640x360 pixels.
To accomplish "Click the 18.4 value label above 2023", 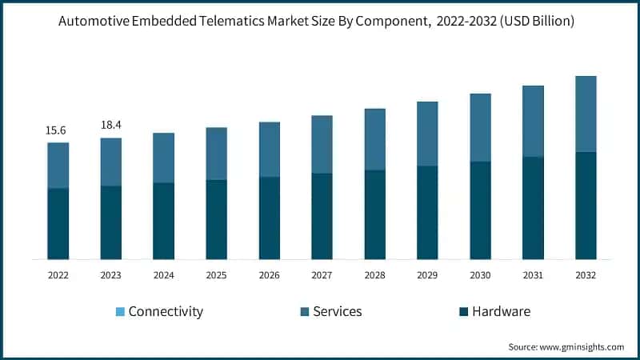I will (x=110, y=126).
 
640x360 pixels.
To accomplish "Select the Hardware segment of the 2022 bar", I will (x=58, y=224).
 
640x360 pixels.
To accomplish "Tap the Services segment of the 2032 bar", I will (x=586, y=114).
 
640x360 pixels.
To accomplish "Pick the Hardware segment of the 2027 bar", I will (x=322, y=216).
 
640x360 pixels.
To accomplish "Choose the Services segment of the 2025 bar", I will (x=216, y=154).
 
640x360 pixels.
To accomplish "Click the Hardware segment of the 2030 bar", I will (x=480, y=210).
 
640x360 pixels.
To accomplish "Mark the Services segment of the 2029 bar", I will (x=427, y=134).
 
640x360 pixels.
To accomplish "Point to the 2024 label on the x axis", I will (x=163, y=274).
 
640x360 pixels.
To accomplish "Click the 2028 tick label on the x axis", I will (x=374, y=274).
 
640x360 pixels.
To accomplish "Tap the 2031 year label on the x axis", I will (x=533, y=274).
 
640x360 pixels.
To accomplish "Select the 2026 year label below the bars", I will (x=269, y=274).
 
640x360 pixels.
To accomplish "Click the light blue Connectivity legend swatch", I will (x=119, y=311).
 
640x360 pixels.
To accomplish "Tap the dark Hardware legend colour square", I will (x=462, y=311).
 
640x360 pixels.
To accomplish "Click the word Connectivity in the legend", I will (x=166, y=311).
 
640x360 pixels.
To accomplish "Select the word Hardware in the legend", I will (x=501, y=311).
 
